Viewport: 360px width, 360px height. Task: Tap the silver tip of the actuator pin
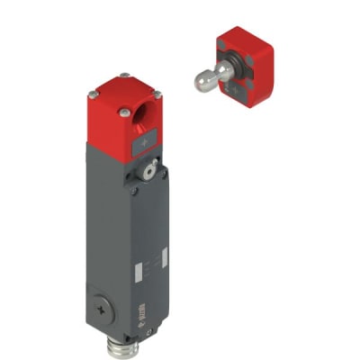coord(202,83)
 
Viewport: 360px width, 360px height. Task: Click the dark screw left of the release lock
coord(134,188)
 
